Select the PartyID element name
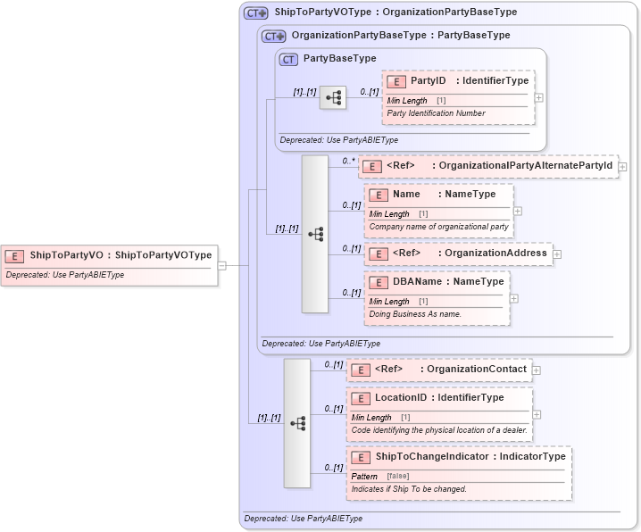428,80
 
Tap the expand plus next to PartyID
538,97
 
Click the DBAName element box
437,298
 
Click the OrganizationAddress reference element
458,254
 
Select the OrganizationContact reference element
439,370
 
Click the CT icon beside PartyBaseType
288,59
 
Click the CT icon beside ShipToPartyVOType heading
256,13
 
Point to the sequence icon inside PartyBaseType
333,98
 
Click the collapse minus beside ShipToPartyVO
222,265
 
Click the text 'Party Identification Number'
437,113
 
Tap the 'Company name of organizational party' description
438,227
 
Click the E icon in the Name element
379,195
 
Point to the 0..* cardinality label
348,161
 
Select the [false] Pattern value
398,476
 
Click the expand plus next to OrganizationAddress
557,254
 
